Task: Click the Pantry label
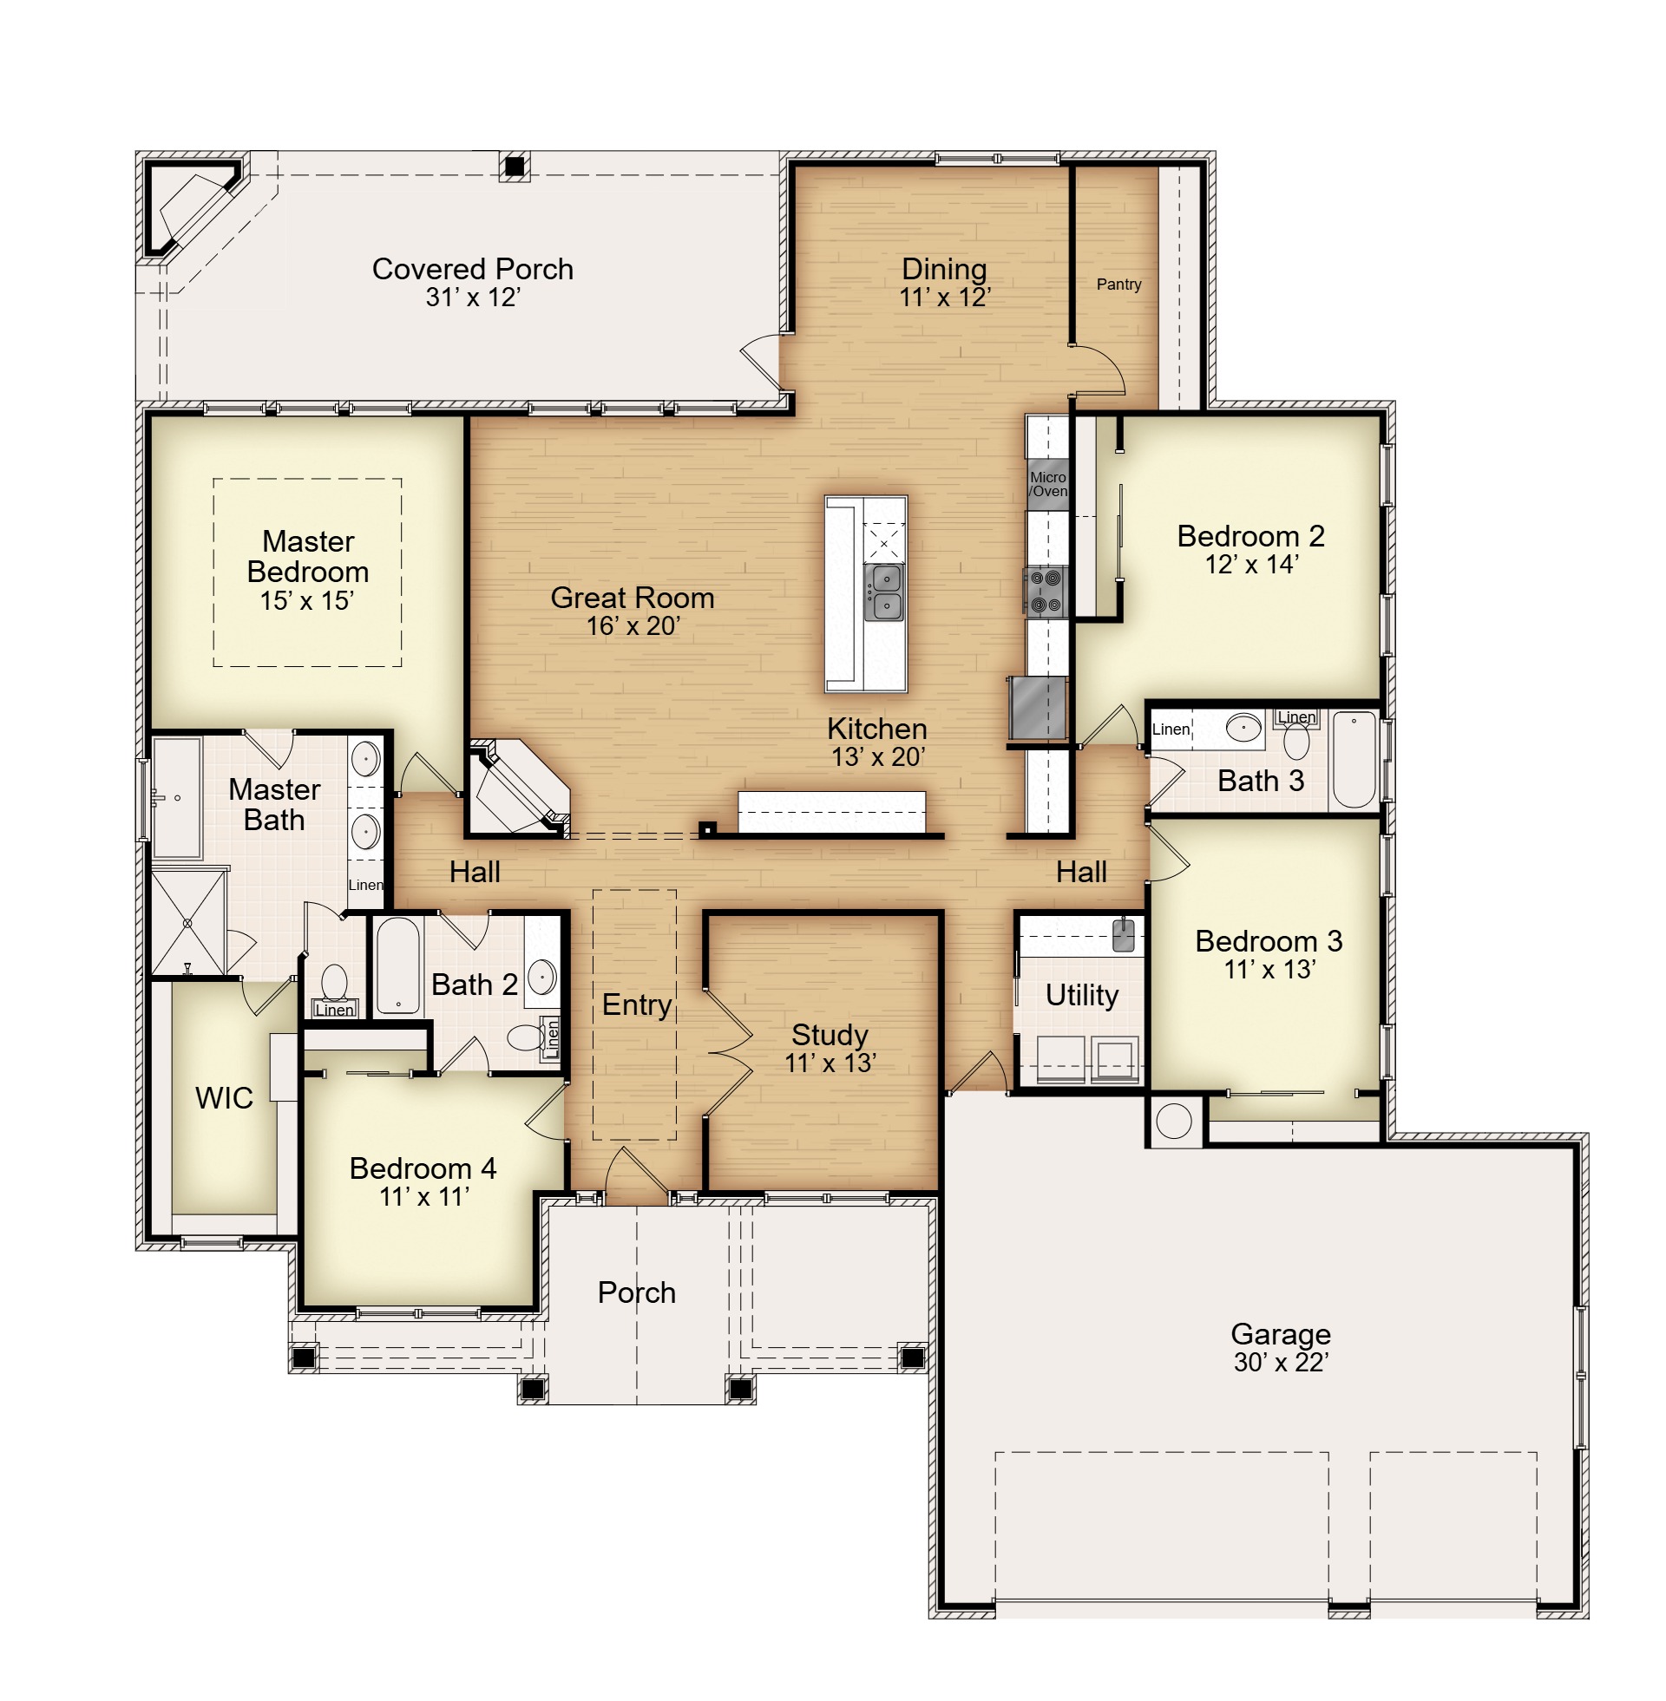pyautogui.click(x=1118, y=285)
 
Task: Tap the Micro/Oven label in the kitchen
pyautogui.click(x=1047, y=484)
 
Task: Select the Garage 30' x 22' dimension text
pyautogui.click(x=1281, y=1362)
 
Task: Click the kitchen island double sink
pyautogui.click(x=883, y=592)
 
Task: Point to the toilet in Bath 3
pyautogui.click(x=1295, y=740)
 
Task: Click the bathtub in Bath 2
pyautogui.click(x=398, y=965)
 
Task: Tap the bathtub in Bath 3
pyautogui.click(x=1354, y=759)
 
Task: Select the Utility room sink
pyautogui.click(x=1123, y=935)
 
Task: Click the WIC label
pyautogui.click(x=224, y=1097)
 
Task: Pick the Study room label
pyautogui.click(x=830, y=1035)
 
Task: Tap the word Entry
pyautogui.click(x=636, y=1004)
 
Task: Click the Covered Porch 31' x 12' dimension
pyautogui.click(x=474, y=298)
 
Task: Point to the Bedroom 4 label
pyautogui.click(x=423, y=1168)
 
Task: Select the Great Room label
pyautogui.click(x=633, y=598)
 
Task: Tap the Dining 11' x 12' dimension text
pyautogui.click(x=945, y=298)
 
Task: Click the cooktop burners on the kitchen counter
pyautogui.click(x=1046, y=592)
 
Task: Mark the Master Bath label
pyautogui.click(x=274, y=805)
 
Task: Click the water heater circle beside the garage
pyautogui.click(x=1174, y=1121)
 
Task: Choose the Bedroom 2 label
pyautogui.click(x=1250, y=536)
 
